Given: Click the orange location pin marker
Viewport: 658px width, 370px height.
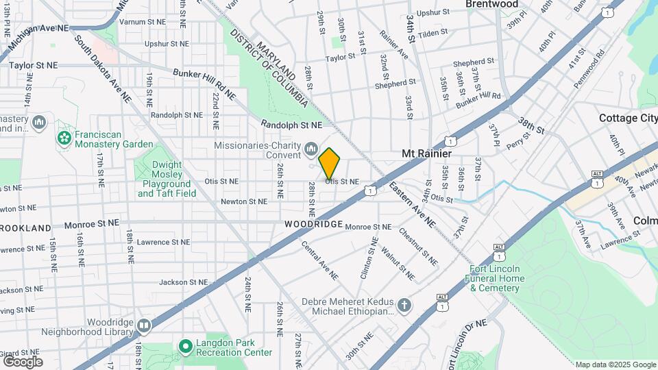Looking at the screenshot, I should pos(330,164).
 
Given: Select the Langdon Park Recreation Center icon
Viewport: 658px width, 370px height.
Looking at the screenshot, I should pos(184,347).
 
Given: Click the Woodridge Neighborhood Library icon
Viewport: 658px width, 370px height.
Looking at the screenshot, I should pos(143,325).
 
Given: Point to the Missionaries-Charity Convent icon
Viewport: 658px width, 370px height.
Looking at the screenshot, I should pos(311,149).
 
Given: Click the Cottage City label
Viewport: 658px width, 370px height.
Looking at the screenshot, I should pos(628,118).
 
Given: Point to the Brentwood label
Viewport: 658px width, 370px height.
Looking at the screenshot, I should pos(491,4).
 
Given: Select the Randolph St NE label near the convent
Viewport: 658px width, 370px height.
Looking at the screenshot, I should pos(291,125).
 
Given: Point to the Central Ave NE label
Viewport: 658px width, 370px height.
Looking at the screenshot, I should pos(320,259).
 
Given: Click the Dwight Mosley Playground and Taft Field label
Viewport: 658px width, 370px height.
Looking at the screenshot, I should pos(166,179).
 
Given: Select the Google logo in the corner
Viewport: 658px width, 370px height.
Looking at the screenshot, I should pos(23,362).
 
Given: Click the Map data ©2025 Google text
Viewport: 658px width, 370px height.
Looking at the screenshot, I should pos(615,365).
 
